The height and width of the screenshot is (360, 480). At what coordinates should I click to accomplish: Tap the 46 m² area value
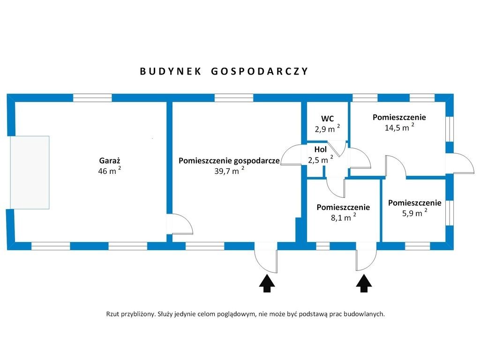109,171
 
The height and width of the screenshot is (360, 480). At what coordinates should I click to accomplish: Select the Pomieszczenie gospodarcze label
229,160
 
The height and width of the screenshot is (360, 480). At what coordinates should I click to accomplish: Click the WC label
327,118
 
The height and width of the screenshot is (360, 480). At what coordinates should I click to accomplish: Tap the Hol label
321,150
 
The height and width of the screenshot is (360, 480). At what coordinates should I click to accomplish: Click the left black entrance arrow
267,284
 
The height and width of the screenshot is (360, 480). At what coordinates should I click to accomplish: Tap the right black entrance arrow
364,284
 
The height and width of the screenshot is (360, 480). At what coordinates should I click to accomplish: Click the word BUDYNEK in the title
171,71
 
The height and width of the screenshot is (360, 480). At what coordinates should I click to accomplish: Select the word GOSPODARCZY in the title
259,71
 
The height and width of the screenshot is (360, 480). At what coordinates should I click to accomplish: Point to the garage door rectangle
30,172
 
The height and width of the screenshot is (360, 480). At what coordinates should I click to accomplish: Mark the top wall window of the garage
92,98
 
